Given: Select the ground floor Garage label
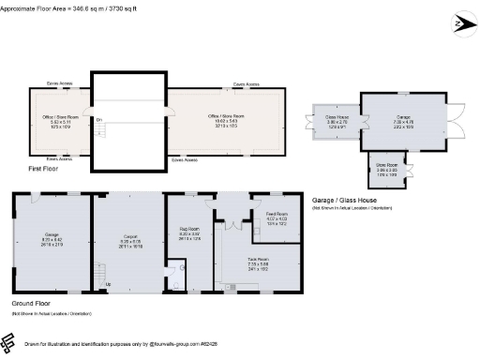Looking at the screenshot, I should [52, 237].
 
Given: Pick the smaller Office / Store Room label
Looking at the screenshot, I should [59, 119].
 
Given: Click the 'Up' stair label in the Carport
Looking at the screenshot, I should [107, 284].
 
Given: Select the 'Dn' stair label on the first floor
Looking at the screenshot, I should [98, 119].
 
